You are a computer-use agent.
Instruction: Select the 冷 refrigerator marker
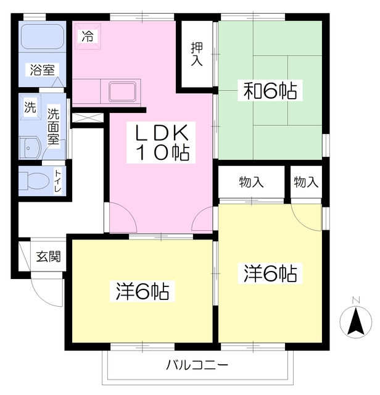(88, 36)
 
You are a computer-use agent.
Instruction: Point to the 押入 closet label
(197, 54)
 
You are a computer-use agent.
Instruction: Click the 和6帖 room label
(270, 92)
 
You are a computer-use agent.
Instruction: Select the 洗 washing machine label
(30, 107)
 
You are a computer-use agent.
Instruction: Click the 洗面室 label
(54, 126)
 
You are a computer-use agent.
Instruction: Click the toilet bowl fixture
(36, 181)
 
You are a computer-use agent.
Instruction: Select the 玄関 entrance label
(47, 256)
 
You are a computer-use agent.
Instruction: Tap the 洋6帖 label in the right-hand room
(270, 272)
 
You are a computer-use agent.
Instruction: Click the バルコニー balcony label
(197, 365)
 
